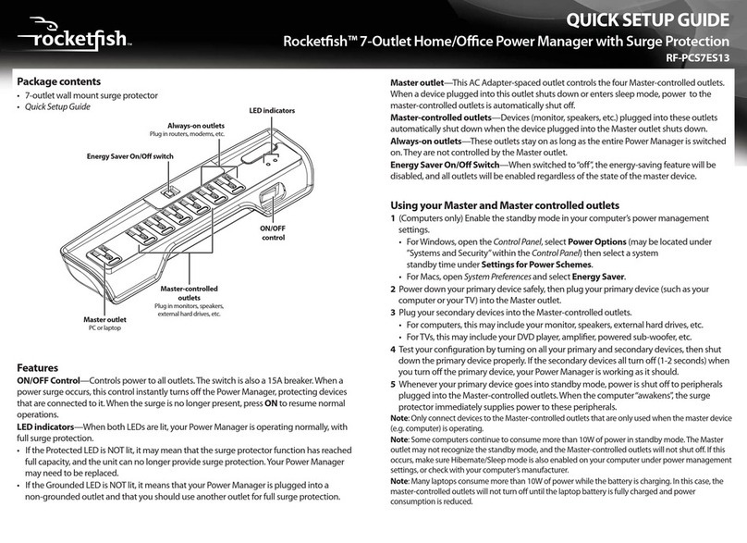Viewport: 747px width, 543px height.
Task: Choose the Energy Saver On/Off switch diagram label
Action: [129, 156]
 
